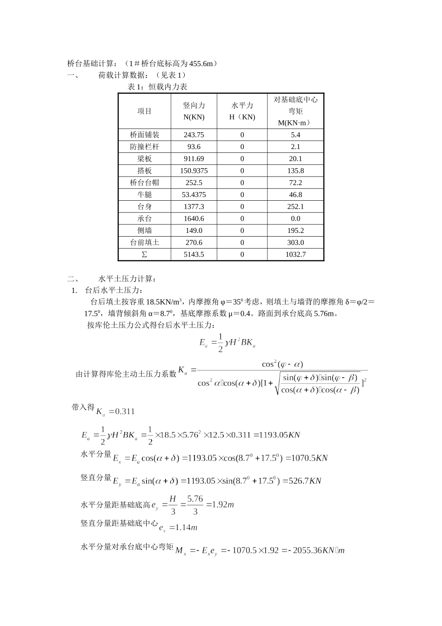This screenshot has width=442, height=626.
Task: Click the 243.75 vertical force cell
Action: [x=194, y=135]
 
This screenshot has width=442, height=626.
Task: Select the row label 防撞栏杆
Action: [x=145, y=147]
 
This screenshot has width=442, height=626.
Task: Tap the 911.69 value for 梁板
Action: [x=194, y=159]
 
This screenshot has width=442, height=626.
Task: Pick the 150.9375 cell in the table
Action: [x=194, y=171]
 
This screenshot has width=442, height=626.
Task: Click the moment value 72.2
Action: [x=295, y=183]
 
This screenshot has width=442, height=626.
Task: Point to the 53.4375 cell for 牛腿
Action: [x=194, y=195]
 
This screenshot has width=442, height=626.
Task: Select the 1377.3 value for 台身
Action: [x=194, y=207]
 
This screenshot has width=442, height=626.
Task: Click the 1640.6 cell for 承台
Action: [x=194, y=218]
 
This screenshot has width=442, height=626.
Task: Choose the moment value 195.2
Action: [x=295, y=231]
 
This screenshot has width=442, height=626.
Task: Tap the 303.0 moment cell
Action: [x=295, y=243]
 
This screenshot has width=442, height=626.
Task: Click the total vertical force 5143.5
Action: [x=194, y=254]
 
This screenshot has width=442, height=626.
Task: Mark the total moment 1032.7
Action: [x=295, y=254]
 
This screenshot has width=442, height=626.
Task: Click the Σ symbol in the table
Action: [x=144, y=254]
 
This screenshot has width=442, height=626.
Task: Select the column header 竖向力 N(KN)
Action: [x=194, y=111]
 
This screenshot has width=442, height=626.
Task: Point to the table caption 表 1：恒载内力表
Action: [x=157, y=87]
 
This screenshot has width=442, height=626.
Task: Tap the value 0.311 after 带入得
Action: [x=124, y=411]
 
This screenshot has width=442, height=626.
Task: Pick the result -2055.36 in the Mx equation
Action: [x=316, y=551]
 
